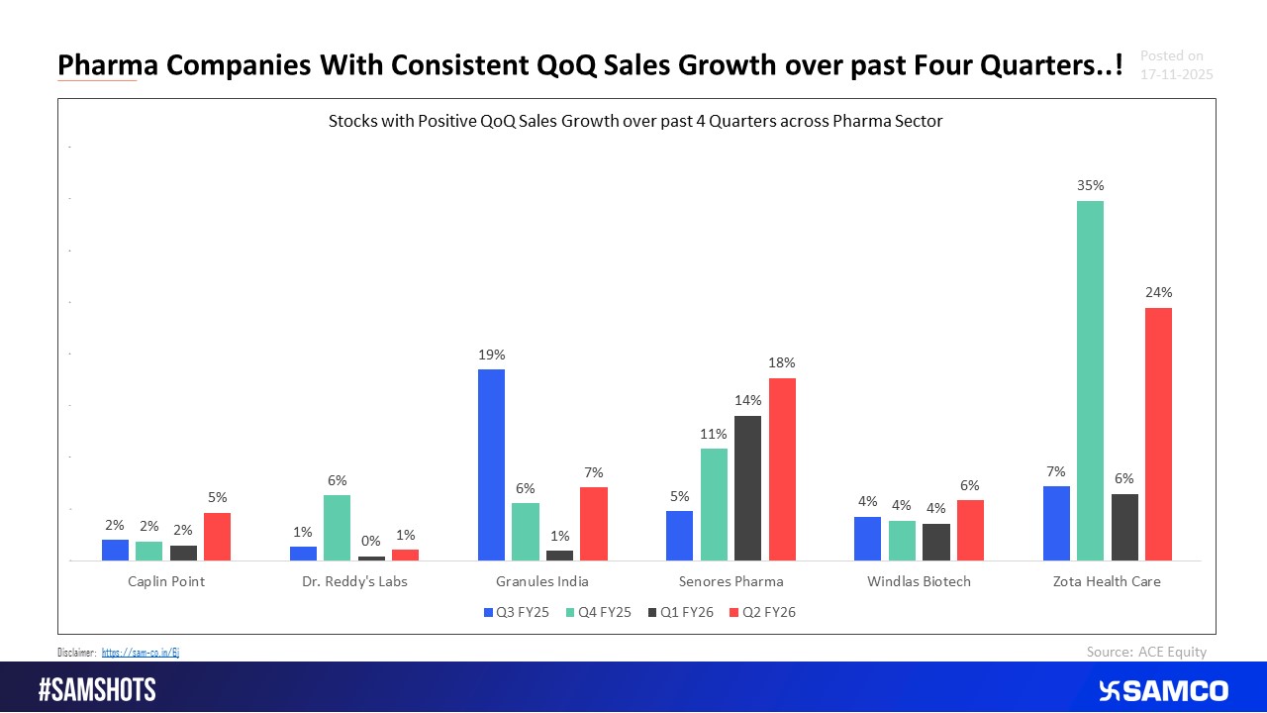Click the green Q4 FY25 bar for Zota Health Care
click(x=1090, y=381)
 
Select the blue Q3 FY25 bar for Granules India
click(x=491, y=465)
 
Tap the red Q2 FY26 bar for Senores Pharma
click(x=782, y=469)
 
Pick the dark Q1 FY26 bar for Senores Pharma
click(x=748, y=488)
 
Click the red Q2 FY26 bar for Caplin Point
click(x=217, y=537)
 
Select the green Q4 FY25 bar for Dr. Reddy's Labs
click(x=337, y=528)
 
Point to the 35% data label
click(x=1091, y=185)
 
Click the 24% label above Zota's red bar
click(x=1158, y=292)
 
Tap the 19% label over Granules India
click(x=491, y=354)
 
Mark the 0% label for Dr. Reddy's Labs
click(x=371, y=541)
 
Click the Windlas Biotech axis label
click(x=919, y=581)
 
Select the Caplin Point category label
click(x=166, y=581)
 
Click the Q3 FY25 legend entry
click(x=517, y=613)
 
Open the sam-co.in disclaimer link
click(x=141, y=653)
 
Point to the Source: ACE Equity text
click(x=1146, y=651)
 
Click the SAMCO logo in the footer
click(x=1163, y=690)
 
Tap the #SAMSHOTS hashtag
click(x=97, y=690)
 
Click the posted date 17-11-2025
click(x=1176, y=74)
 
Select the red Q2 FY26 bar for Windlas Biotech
click(x=970, y=530)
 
